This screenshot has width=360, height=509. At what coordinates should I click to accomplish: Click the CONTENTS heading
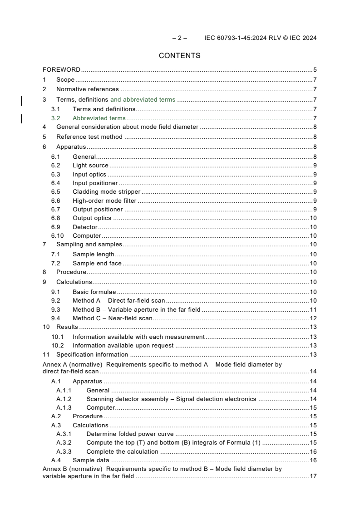pyautogui.click(x=179, y=56)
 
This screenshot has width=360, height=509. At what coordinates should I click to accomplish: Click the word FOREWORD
pyautogui.click(x=61, y=70)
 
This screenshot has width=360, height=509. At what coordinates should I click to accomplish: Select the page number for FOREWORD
pyautogui.click(x=315, y=70)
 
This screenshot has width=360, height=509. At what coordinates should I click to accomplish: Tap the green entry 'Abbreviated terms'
pyautogui.click(x=99, y=118)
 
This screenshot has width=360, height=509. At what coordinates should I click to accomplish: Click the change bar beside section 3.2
pyautogui.click(x=22, y=119)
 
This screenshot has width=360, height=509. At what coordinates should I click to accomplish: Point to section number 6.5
pyautogui.click(x=55, y=192)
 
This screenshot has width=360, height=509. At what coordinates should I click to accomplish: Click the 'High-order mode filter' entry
pyautogui.click(x=104, y=201)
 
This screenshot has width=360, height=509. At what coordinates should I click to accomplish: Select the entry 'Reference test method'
pyautogui.click(x=89, y=137)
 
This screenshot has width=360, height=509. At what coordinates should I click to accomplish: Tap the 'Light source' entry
pyautogui.click(x=90, y=166)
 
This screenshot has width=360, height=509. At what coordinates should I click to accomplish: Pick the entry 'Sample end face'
pyautogui.click(x=97, y=263)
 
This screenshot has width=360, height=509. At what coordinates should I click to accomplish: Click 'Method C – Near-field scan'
pyautogui.click(x=113, y=318)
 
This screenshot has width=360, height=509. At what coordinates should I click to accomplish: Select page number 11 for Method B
pyautogui.click(x=313, y=309)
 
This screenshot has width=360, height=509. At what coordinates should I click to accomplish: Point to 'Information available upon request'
pyautogui.click(x=123, y=345)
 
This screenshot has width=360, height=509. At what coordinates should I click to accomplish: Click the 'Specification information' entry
pyautogui.click(x=92, y=354)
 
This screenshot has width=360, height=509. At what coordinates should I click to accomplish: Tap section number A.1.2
pyautogui.click(x=64, y=399)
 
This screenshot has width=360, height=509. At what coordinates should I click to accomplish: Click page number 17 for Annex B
pyautogui.click(x=313, y=476)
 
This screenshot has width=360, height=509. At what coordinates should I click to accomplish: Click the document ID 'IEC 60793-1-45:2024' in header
pyautogui.click(x=236, y=38)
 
